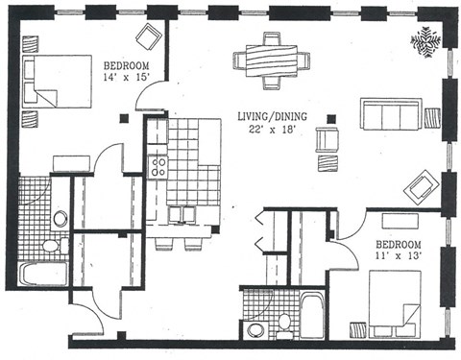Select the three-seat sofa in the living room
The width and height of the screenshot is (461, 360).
pos(390,115)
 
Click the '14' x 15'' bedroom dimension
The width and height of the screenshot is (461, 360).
pos(126,80)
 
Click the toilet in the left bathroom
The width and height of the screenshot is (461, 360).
pos(60,219)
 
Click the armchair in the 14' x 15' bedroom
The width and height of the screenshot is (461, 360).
pos(149,38)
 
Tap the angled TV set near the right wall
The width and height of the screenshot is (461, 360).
pos(421,186)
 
